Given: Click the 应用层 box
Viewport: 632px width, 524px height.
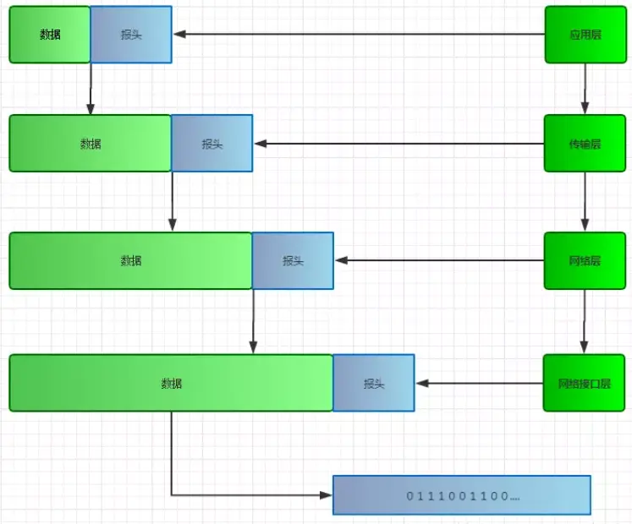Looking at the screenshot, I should pos(585,35).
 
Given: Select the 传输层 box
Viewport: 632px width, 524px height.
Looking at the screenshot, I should pos(585,144).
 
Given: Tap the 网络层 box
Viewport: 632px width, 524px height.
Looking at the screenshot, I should pos(585,260).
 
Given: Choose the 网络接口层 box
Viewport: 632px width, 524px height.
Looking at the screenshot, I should pos(585,383).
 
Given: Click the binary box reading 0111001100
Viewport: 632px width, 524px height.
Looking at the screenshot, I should pos(461,495).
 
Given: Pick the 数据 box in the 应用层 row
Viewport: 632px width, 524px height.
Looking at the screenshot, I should pos(50,35).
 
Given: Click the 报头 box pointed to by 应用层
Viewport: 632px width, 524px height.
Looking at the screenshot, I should pos(131,35).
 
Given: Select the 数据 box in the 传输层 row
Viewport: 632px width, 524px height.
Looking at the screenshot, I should pos(91,144).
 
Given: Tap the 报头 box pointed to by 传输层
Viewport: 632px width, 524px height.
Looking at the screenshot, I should pos(212,144).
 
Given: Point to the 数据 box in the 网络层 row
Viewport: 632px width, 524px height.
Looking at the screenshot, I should pos(131,260).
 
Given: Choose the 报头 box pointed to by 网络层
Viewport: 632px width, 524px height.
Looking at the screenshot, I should pos(293,260).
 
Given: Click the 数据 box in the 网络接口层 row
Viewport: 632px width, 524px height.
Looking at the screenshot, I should pos(172,383).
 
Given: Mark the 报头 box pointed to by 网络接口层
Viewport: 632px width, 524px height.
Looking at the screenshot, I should pos(374,383).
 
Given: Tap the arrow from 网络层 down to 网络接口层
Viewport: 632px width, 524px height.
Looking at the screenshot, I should pos(585,321).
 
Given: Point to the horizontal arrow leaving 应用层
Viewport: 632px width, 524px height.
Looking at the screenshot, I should pos(359,35).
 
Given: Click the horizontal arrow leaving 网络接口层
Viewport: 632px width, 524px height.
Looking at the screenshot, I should pos(479,383).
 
